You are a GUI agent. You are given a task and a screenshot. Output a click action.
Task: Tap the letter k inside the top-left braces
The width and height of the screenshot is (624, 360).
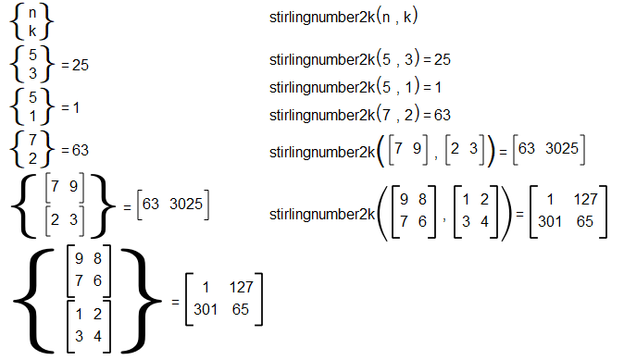(x=32, y=31)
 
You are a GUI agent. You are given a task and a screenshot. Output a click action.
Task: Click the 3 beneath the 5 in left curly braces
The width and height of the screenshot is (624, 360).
(x=32, y=73)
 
